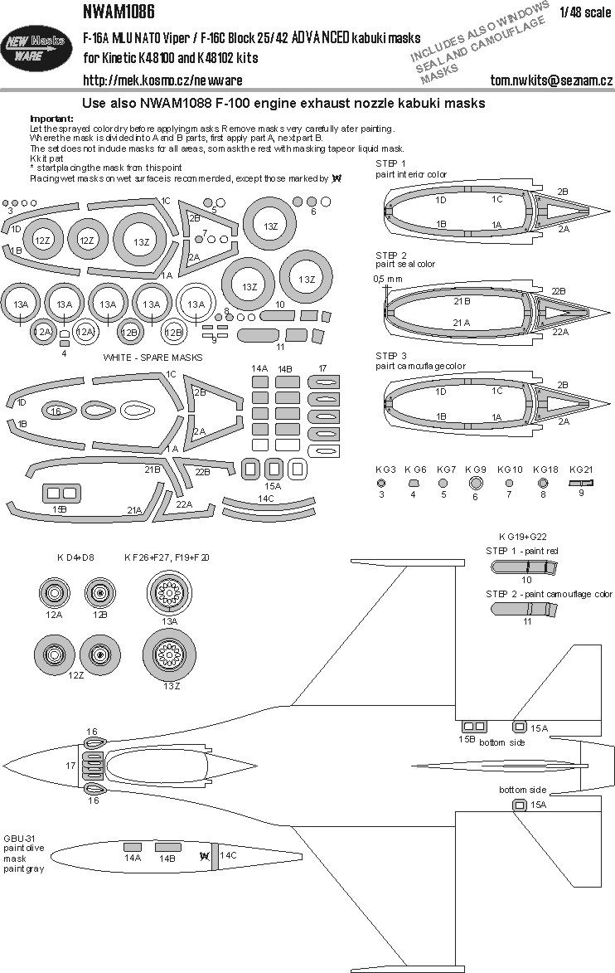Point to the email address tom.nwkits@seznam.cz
point(551,80)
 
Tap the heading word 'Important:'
point(51,119)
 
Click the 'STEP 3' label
point(391,355)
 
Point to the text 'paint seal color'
point(405,264)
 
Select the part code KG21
point(582,469)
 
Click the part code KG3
point(381,469)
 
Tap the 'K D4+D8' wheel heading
point(74,557)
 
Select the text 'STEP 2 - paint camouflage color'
point(549,594)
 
